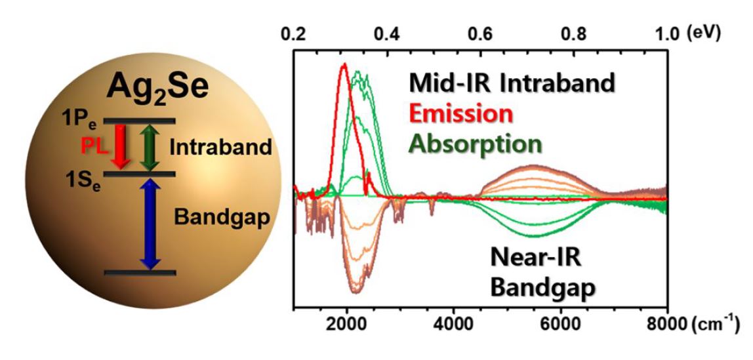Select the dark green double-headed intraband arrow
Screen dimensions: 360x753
pyautogui.click(x=150, y=148)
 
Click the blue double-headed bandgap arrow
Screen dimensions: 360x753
pyautogui.click(x=150, y=224)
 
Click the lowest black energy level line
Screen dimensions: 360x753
pyautogui.click(x=139, y=272)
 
